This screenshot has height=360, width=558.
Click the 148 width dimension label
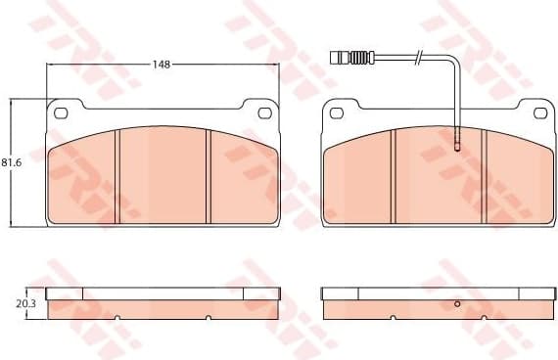[162, 64]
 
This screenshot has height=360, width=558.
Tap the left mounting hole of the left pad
[61, 112]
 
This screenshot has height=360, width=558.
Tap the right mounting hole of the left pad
[264, 112]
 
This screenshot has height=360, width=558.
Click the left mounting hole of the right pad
[336, 112]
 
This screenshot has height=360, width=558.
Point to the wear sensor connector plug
[355, 58]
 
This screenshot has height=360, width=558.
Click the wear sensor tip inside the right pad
[457, 148]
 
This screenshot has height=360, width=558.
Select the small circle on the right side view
[457, 304]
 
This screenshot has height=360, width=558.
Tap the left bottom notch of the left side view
[116, 317]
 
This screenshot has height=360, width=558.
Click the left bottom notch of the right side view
[392, 317]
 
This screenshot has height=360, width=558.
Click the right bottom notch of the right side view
[486, 317]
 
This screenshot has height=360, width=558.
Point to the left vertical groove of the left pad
[116, 176]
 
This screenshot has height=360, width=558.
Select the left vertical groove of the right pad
[392, 176]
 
